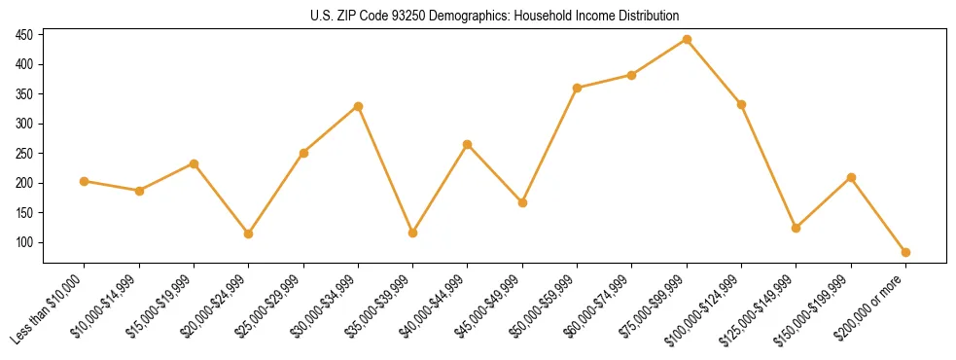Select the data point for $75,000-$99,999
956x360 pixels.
click(x=687, y=40)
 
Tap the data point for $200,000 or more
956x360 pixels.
click(x=905, y=252)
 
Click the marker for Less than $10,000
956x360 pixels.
click(x=85, y=181)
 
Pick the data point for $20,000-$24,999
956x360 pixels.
click(x=249, y=234)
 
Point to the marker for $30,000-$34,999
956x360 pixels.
click(x=358, y=106)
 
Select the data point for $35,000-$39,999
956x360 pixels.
click(x=413, y=233)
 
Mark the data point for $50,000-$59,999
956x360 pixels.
click(x=577, y=88)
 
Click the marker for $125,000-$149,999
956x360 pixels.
click(x=797, y=228)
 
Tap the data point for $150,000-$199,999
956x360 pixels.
click(x=851, y=177)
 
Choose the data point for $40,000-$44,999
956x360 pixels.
click(x=468, y=144)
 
